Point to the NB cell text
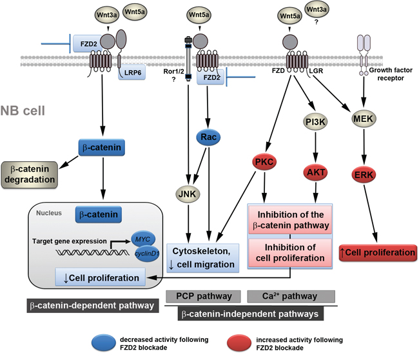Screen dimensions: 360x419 pyautogui.click(x=23, y=110)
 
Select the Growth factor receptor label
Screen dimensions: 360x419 pyautogui.click(x=394, y=74)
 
